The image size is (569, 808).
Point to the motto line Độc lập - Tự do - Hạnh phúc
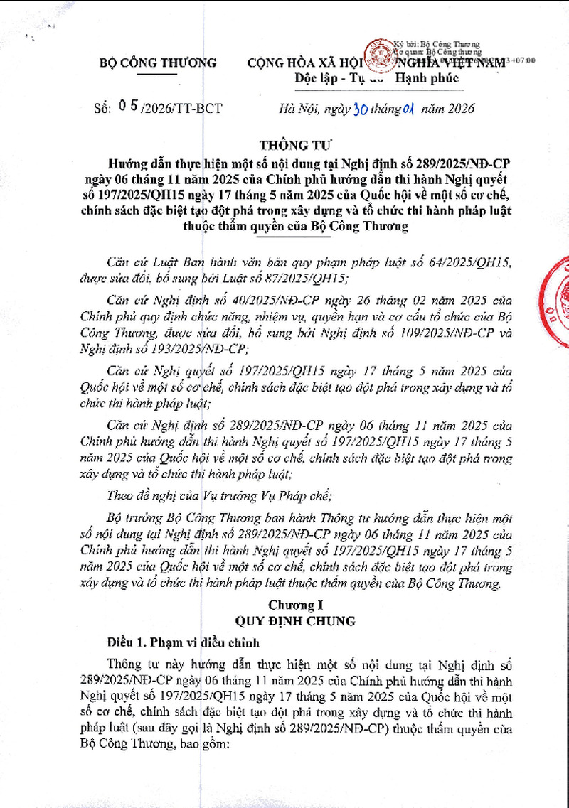[376, 78]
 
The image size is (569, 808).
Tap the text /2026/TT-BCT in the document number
[182, 109]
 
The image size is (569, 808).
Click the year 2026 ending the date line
[457, 109]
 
